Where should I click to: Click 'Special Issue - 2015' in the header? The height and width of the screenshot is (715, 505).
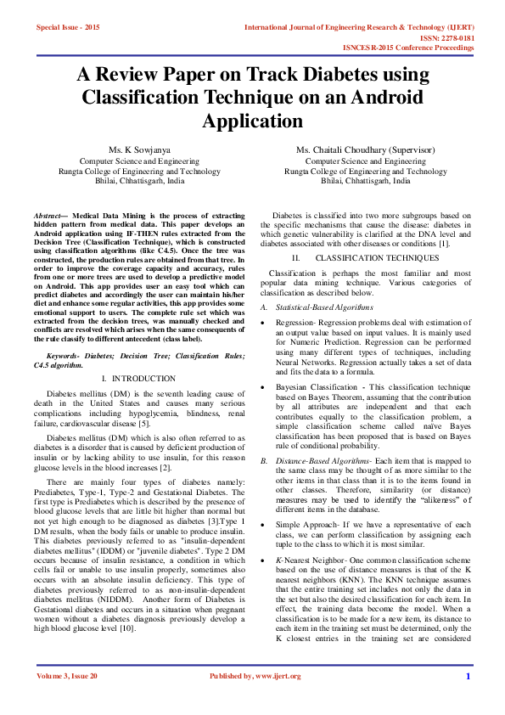point(68,28)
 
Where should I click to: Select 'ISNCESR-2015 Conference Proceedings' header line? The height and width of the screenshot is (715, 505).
point(408,48)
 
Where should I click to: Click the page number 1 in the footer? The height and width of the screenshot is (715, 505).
point(467,699)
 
